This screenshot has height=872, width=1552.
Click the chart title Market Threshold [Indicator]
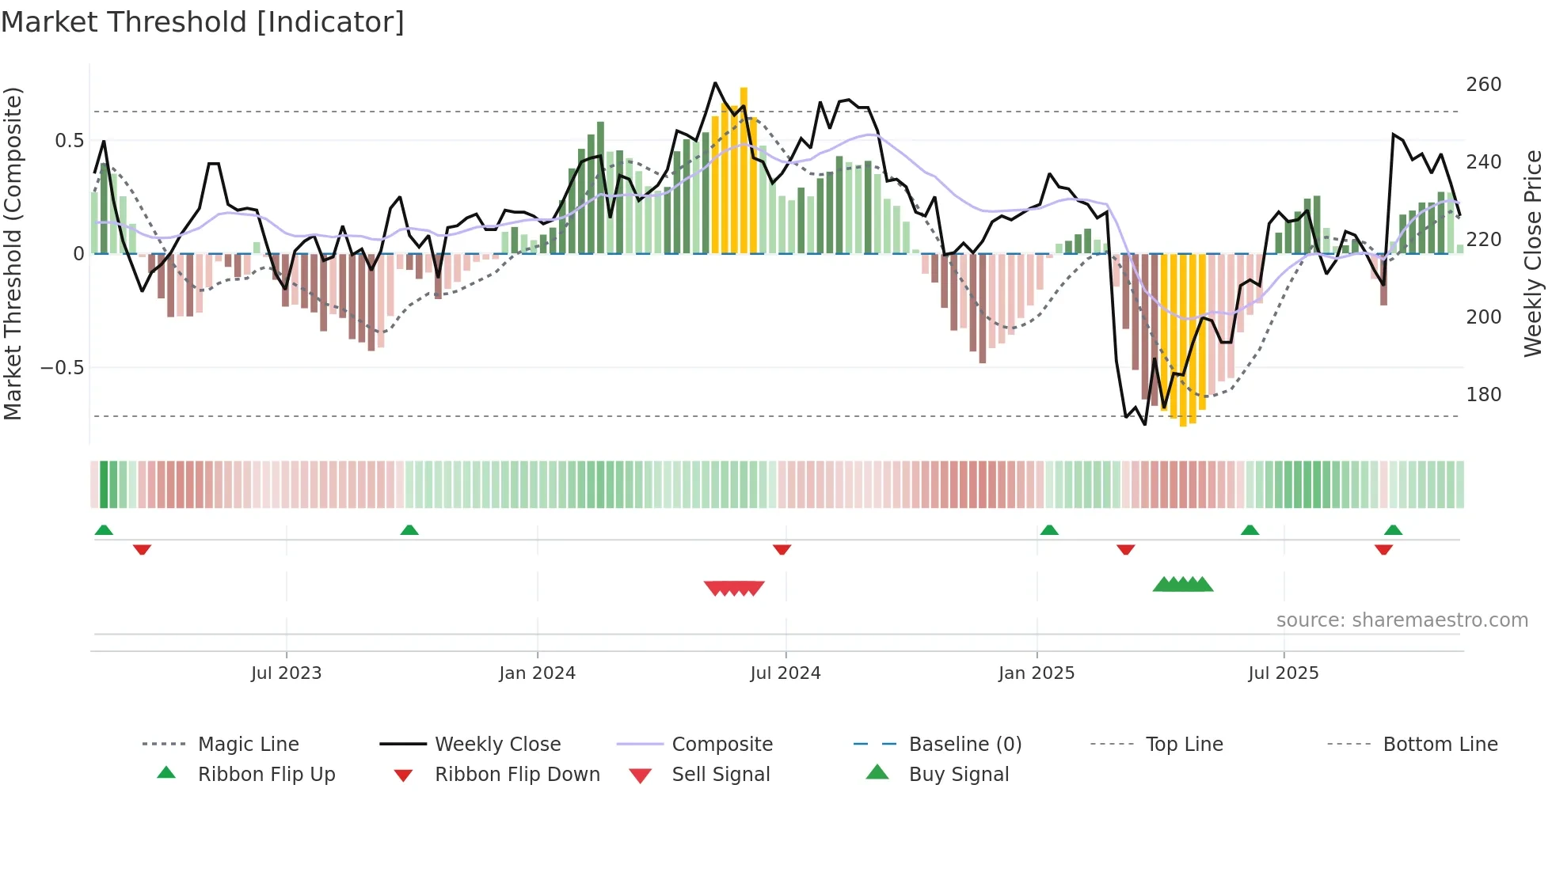(x=203, y=22)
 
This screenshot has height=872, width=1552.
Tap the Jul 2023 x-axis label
(x=286, y=673)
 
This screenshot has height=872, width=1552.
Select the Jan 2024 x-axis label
(x=537, y=673)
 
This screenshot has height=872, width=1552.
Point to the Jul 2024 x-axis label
(x=785, y=673)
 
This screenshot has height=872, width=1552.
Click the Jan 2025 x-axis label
(x=1036, y=673)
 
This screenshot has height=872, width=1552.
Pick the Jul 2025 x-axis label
(x=1283, y=673)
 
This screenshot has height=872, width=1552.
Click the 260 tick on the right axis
(x=1483, y=85)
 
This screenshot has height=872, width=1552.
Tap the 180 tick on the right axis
(x=1483, y=395)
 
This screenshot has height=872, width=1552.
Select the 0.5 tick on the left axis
(x=69, y=141)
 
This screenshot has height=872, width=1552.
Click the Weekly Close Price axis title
(x=1533, y=253)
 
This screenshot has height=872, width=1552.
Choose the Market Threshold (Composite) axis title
(x=13, y=253)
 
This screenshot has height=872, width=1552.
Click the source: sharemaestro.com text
(x=1402, y=620)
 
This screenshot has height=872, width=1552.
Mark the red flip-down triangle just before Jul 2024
(x=782, y=549)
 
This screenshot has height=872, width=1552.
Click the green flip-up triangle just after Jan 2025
(x=1049, y=530)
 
